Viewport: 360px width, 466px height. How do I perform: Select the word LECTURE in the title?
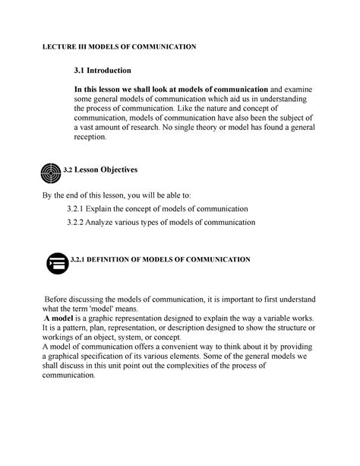[58, 46]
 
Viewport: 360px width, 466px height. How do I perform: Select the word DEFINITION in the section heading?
[120, 260]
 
